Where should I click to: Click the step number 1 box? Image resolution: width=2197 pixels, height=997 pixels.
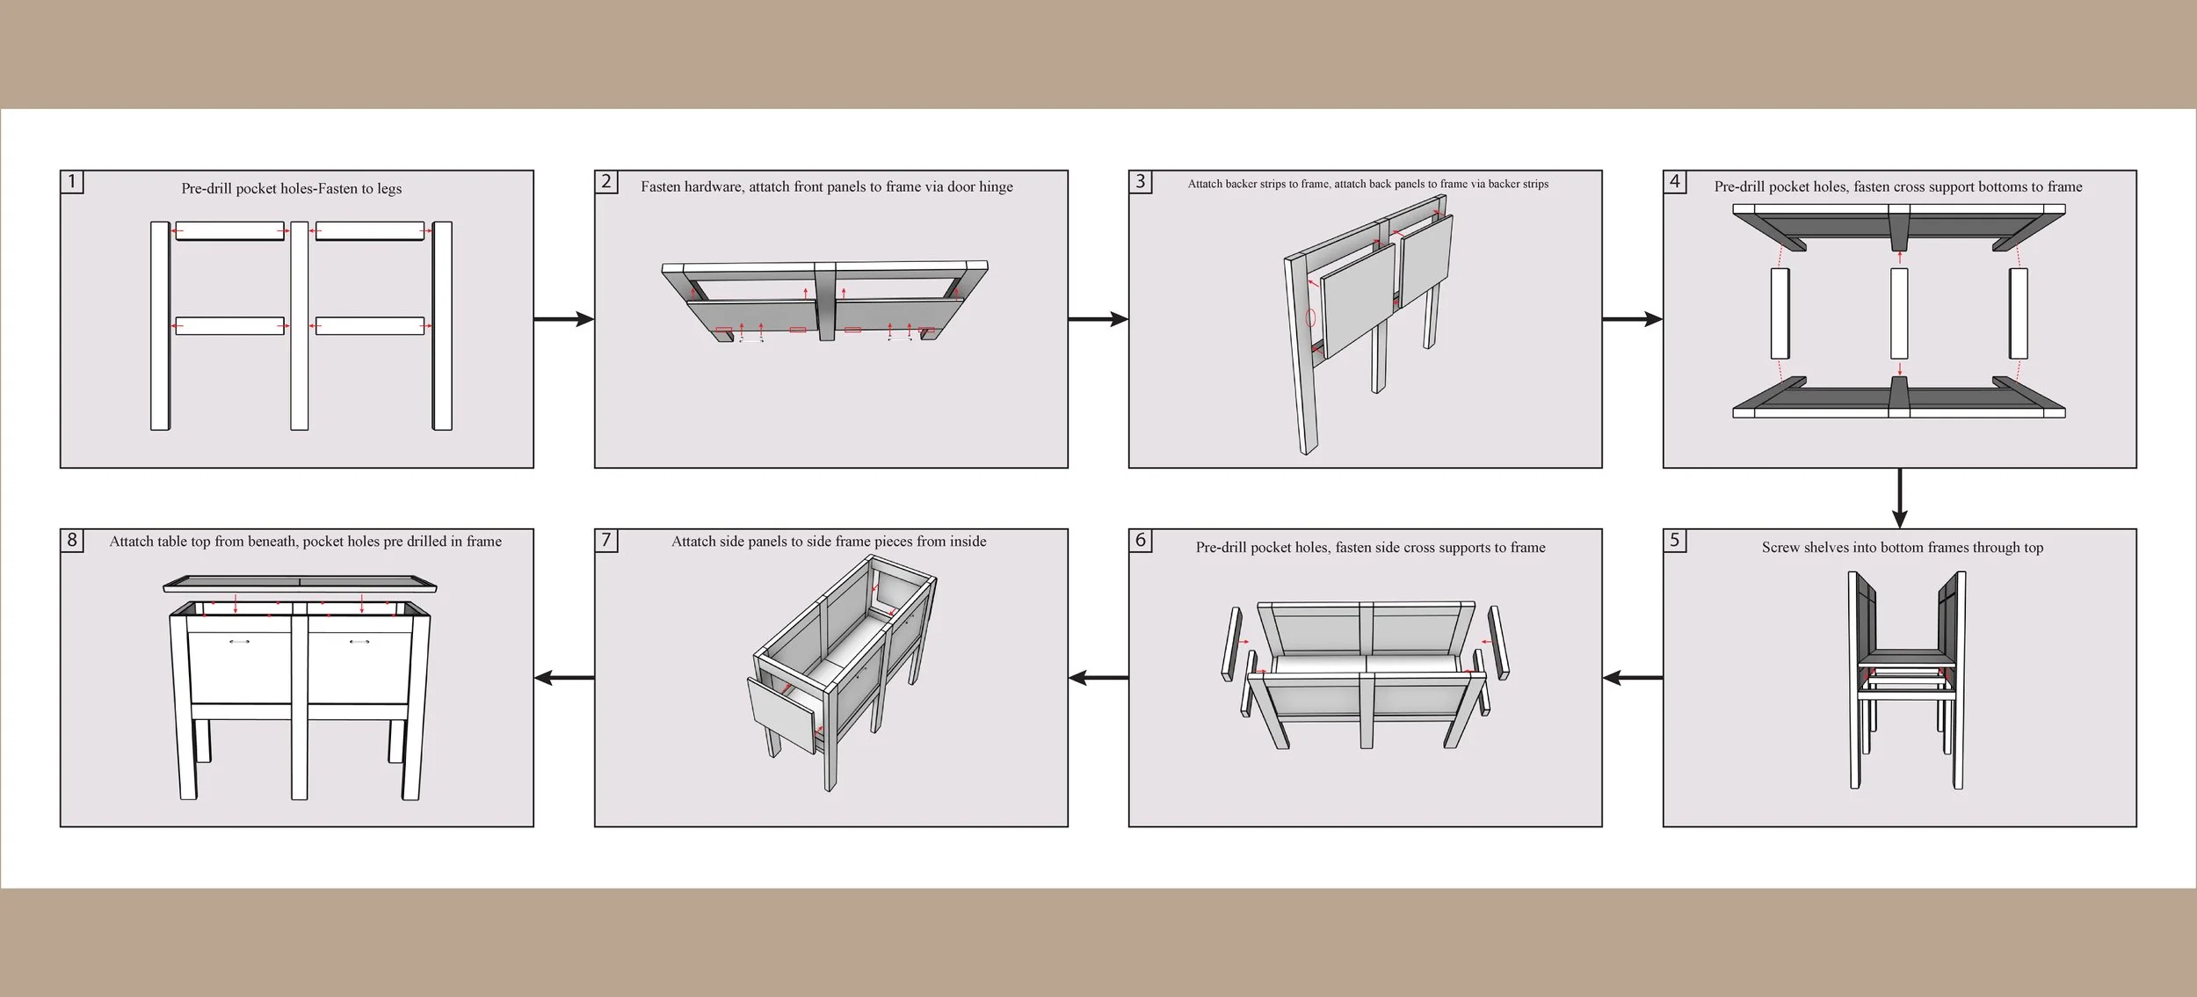(72, 182)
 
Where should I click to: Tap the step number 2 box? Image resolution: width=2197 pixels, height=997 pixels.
(606, 182)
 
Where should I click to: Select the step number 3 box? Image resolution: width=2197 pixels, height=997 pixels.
(1141, 182)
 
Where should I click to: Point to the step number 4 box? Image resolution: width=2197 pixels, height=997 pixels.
(1675, 182)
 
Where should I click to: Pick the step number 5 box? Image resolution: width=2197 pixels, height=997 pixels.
(1675, 540)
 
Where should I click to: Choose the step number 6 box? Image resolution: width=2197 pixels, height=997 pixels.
(1141, 540)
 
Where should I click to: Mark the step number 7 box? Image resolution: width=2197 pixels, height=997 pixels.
(606, 540)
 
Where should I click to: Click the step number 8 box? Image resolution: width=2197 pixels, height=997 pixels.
(72, 540)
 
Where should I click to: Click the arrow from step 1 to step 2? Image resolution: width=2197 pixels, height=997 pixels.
(563, 319)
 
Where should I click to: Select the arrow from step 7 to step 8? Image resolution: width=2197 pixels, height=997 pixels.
(563, 678)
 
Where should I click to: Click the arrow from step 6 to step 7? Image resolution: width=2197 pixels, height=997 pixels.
(1098, 678)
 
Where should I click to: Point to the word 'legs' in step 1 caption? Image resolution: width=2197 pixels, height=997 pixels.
(389, 189)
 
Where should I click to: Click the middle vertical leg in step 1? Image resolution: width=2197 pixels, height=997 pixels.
(300, 325)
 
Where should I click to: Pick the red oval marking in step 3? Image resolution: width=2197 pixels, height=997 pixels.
(1310, 317)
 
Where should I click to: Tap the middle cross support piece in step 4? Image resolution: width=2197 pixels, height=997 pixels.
(1899, 313)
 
